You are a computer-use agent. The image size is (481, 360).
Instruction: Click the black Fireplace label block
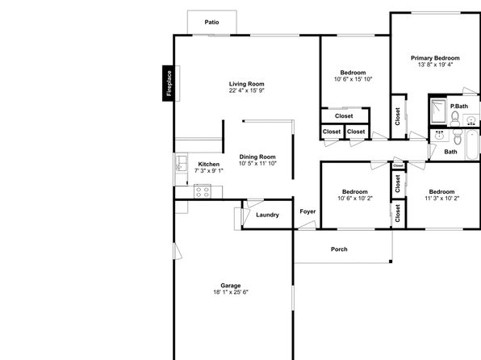[x=168, y=83]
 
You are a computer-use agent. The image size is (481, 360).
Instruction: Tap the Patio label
[x=211, y=22]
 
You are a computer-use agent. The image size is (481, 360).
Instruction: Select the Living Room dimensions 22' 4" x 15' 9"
[x=247, y=90]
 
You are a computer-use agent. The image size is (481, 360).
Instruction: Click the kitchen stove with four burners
[x=203, y=192]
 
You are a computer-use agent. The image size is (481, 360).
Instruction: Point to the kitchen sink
[x=181, y=163]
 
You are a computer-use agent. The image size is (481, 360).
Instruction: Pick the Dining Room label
[x=257, y=157]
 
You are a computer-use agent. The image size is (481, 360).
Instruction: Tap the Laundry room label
[x=267, y=215]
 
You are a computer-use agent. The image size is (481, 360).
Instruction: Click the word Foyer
[x=307, y=211]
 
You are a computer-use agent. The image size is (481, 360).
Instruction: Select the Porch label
[x=339, y=249]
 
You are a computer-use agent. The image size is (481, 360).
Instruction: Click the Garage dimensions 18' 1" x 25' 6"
[x=231, y=292]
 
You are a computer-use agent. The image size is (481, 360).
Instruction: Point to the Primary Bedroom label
[x=435, y=58]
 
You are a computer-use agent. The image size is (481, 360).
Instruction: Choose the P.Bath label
[x=459, y=107]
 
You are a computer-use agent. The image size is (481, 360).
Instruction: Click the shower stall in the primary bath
[x=438, y=111]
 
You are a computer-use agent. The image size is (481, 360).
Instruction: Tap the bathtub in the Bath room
[x=472, y=144]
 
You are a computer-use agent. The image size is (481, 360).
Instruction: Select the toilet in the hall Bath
[x=458, y=137]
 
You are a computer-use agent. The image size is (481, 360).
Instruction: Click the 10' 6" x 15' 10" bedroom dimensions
[x=353, y=79]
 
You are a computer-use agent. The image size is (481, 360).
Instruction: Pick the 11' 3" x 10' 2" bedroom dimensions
[x=441, y=199]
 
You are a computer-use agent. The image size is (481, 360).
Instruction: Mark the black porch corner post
[x=391, y=262]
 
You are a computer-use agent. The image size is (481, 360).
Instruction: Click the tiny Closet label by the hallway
[x=398, y=165]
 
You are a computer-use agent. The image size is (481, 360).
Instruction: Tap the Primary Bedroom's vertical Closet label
[x=398, y=116]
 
